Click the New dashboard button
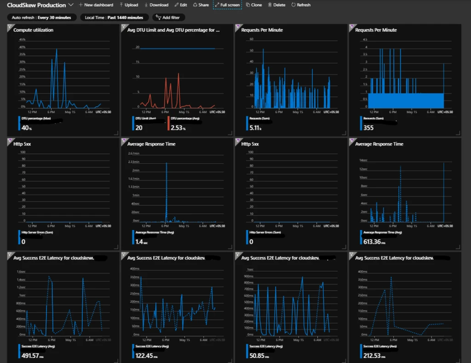[96, 4]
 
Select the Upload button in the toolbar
[129, 4]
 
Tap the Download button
[156, 4]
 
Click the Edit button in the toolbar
[181, 4]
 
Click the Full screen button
[227, 4]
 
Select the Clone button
[254, 4]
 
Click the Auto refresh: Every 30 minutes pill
[41, 18]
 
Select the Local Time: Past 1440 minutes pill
[109, 18]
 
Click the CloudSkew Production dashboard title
[35, 5]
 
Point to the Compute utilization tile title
[33, 30]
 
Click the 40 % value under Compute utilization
[26, 128]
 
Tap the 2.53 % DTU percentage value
[178, 128]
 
